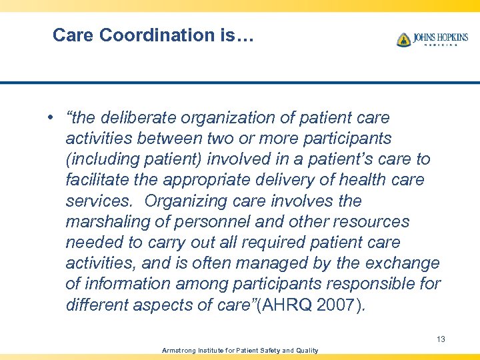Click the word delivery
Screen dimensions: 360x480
click(x=299, y=180)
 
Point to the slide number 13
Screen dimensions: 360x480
click(x=441, y=339)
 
